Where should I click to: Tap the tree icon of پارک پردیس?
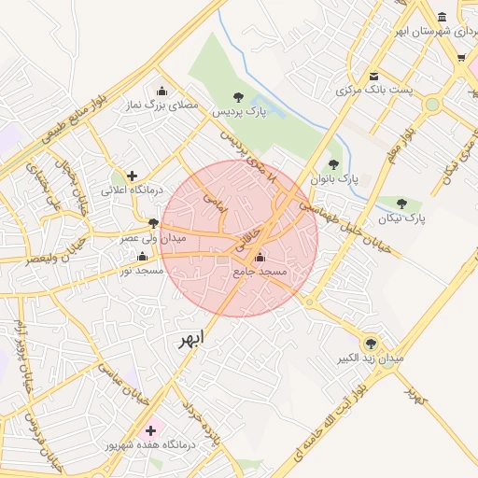point(238,96)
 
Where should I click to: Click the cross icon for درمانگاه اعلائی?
point(133,175)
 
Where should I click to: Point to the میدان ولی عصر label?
point(152,238)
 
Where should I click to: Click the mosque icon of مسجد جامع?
point(260,256)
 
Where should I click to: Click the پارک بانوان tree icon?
point(333,163)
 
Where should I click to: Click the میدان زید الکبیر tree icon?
point(371,343)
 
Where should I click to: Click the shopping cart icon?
point(461,58)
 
